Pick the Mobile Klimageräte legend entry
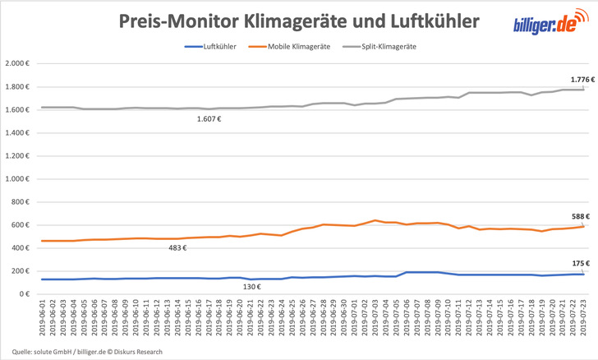pos(301,47)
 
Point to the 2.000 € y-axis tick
pos(16,64)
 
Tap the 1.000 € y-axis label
pos(16,179)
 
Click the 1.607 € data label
pos(210,119)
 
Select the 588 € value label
pos(580,217)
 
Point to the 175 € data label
pos(580,264)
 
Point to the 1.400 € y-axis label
pos(16,133)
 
